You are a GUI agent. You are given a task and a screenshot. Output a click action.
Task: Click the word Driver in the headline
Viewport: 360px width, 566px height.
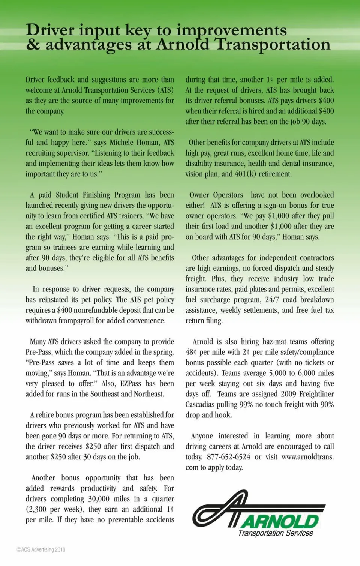[50, 30]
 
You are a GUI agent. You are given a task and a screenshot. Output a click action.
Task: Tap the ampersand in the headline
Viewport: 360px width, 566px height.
[33, 45]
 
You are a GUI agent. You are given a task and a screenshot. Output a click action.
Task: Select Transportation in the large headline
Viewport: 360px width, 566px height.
[273, 45]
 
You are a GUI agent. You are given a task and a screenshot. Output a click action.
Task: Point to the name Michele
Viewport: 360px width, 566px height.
[121, 143]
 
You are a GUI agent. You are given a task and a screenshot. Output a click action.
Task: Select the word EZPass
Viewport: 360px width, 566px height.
[130, 384]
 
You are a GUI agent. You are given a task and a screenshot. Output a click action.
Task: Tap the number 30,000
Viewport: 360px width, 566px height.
[99, 499]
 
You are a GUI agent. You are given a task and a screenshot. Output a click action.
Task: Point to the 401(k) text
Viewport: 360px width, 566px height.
[245, 174]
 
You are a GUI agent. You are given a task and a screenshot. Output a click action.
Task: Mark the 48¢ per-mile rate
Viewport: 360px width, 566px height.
[191, 352]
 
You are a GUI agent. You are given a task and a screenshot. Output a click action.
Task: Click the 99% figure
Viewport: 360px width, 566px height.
[246, 405]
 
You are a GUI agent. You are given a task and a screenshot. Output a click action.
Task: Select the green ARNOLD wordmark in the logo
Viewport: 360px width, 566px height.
[280, 521]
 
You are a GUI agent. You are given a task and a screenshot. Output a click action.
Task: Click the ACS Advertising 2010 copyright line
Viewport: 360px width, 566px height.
[41, 549]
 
